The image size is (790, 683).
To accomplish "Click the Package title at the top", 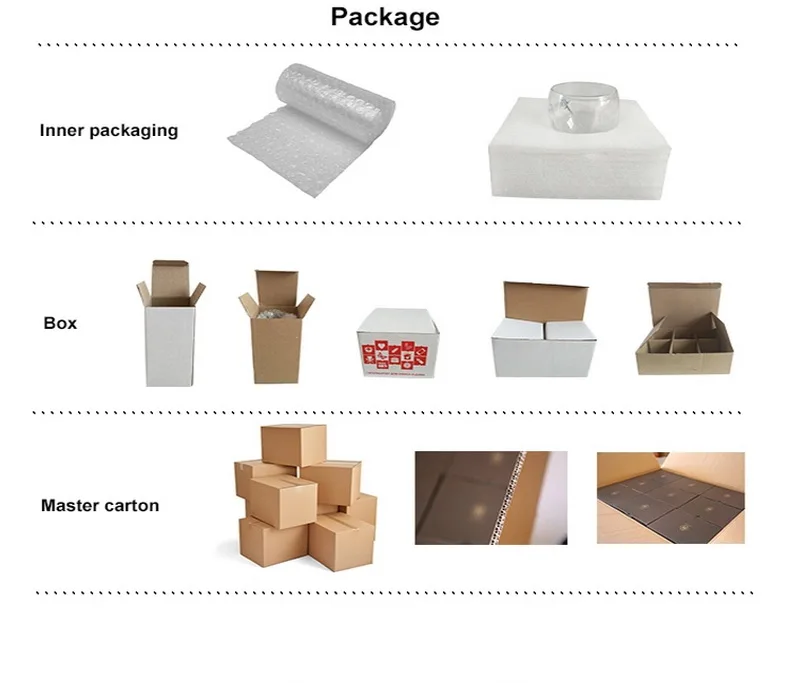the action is (385, 17).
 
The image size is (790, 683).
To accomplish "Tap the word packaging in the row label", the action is (134, 131).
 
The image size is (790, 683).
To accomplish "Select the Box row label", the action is (60, 323).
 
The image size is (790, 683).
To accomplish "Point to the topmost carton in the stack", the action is (293, 444).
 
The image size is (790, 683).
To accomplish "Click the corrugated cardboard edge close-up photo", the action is (490, 497).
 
